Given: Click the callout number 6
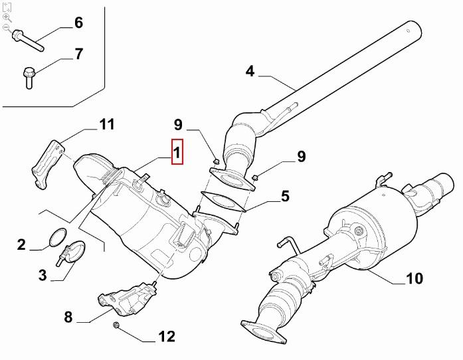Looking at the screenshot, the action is pyautogui.click(x=78, y=23).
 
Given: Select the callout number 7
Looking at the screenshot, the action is pyautogui.click(x=78, y=54).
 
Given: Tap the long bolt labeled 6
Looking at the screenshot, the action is pyautogui.click(x=28, y=41).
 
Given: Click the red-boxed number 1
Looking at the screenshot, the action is pyautogui.click(x=177, y=152).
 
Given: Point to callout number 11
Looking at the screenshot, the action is pyautogui.click(x=106, y=124).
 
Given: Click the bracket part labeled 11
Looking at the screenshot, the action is pyautogui.click(x=48, y=165).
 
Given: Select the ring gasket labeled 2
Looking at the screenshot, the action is pyautogui.click(x=58, y=237).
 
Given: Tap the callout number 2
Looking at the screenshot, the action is pyautogui.click(x=21, y=245).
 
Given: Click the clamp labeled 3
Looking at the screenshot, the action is pyautogui.click(x=72, y=252).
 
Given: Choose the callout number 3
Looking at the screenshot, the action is pyautogui.click(x=43, y=275).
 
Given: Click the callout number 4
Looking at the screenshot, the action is pyautogui.click(x=250, y=71).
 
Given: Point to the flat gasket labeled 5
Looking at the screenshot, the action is pyautogui.click(x=223, y=201).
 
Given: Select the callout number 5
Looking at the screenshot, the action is pyautogui.click(x=285, y=197).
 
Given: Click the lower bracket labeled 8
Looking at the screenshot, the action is pyautogui.click(x=128, y=299).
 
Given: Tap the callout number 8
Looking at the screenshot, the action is pyautogui.click(x=68, y=317).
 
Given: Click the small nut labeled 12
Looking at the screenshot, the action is pyautogui.click(x=116, y=325).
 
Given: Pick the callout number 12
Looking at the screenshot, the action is pyautogui.click(x=167, y=336).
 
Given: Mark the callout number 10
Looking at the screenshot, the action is pyautogui.click(x=415, y=278).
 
